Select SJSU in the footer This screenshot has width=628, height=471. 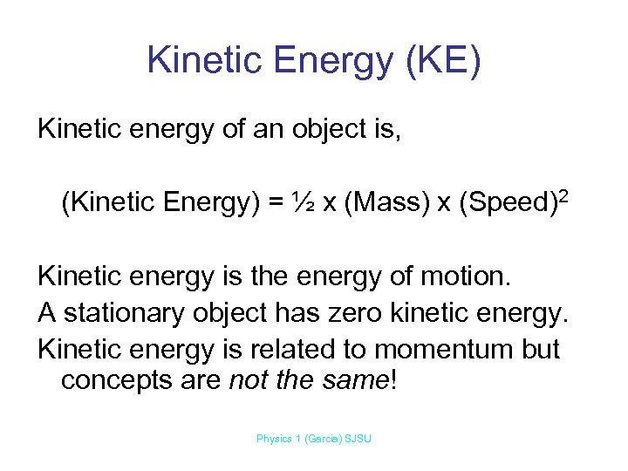[358, 439]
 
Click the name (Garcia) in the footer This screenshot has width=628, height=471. [323, 439]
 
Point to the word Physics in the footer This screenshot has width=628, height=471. [274, 439]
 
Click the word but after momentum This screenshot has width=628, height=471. [542, 348]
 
